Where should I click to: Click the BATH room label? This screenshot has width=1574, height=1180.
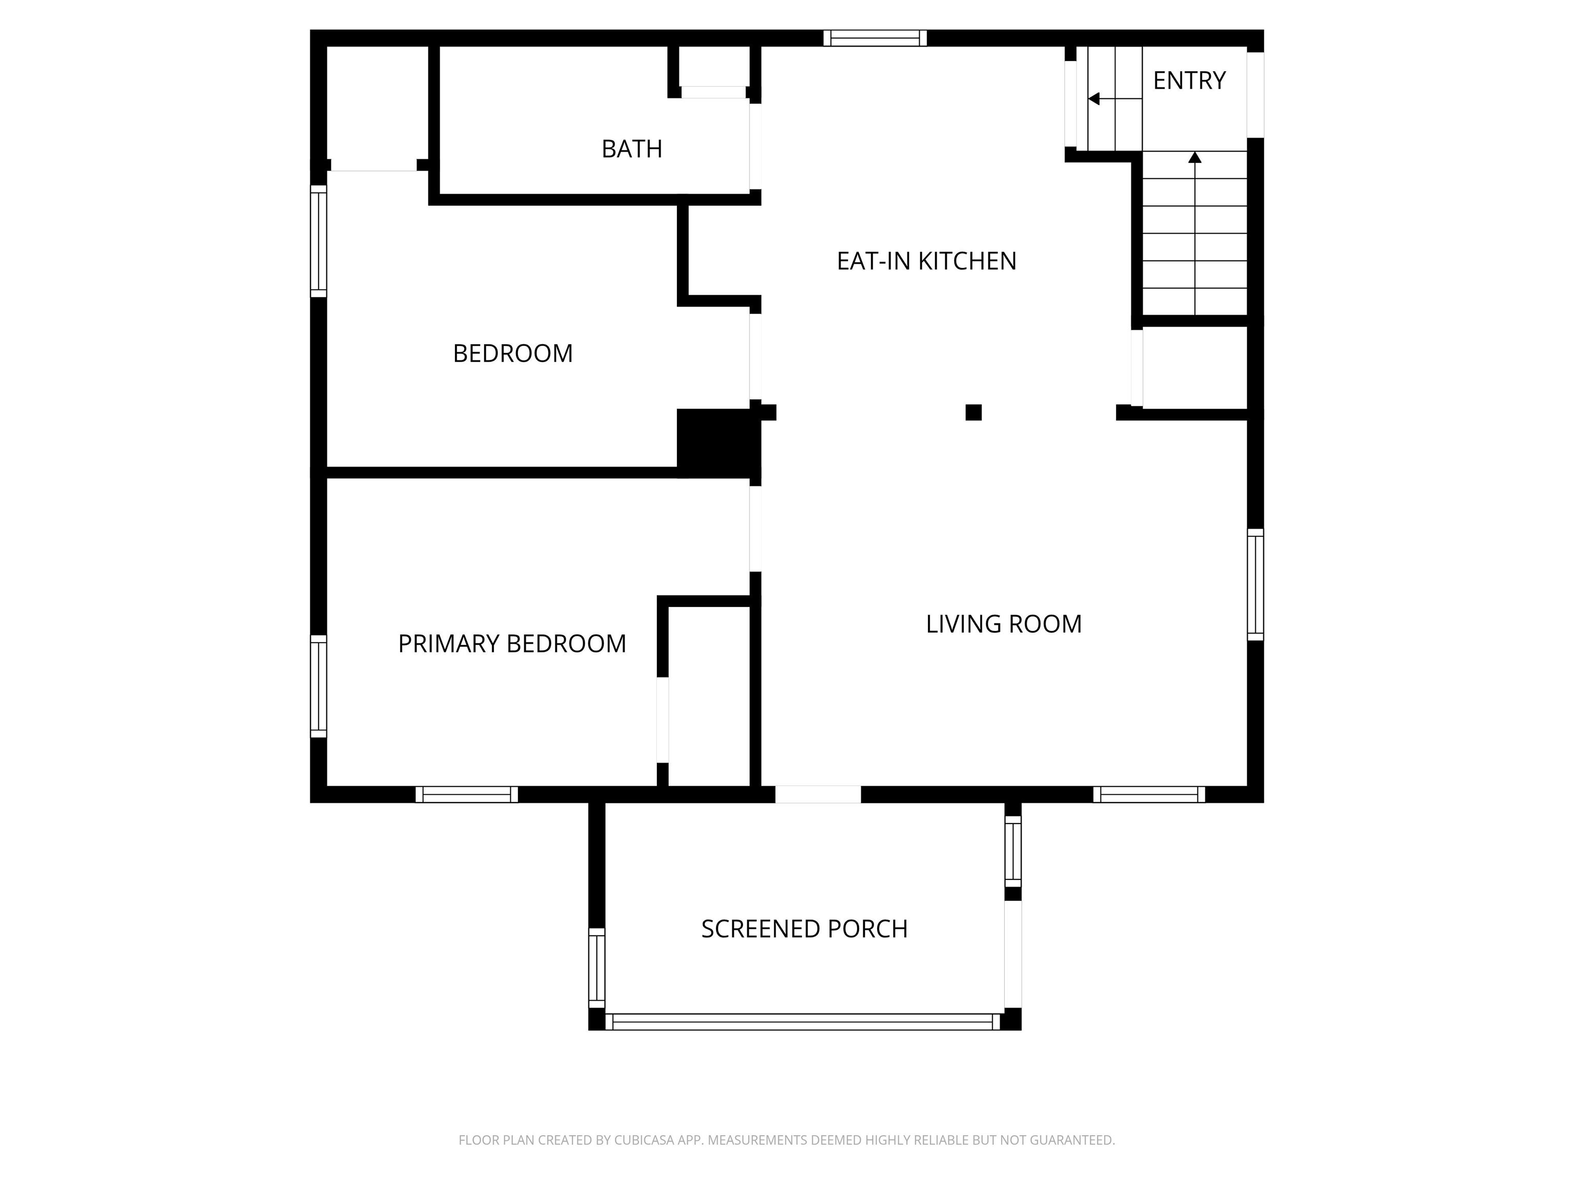pos(631,149)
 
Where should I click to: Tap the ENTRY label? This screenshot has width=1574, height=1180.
pos(1189,80)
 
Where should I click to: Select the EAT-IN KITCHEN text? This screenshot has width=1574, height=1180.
pos(926,261)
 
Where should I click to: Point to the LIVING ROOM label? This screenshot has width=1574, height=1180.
pos(1003,624)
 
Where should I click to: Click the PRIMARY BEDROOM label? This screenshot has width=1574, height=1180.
pos(512,644)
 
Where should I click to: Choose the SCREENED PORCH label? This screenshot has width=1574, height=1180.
pos(804,929)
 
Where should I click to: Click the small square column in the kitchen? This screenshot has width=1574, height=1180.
pos(974,412)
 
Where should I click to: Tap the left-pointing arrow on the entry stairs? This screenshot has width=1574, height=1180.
pos(1115,99)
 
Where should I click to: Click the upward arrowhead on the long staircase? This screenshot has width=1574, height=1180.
pos(1195,157)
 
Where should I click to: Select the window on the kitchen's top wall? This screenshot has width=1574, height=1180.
pos(875,38)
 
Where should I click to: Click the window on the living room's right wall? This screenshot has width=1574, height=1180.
pos(1255,585)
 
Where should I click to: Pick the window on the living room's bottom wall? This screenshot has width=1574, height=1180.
pos(1149,794)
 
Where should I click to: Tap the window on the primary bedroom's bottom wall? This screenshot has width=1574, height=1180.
pos(467,794)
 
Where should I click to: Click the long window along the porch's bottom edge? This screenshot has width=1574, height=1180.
pos(803,1022)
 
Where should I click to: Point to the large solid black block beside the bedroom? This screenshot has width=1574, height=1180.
pos(717,442)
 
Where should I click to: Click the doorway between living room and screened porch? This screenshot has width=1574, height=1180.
pos(818,794)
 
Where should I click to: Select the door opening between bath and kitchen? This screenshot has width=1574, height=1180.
pos(756,146)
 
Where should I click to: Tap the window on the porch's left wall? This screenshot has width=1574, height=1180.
pos(596,968)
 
